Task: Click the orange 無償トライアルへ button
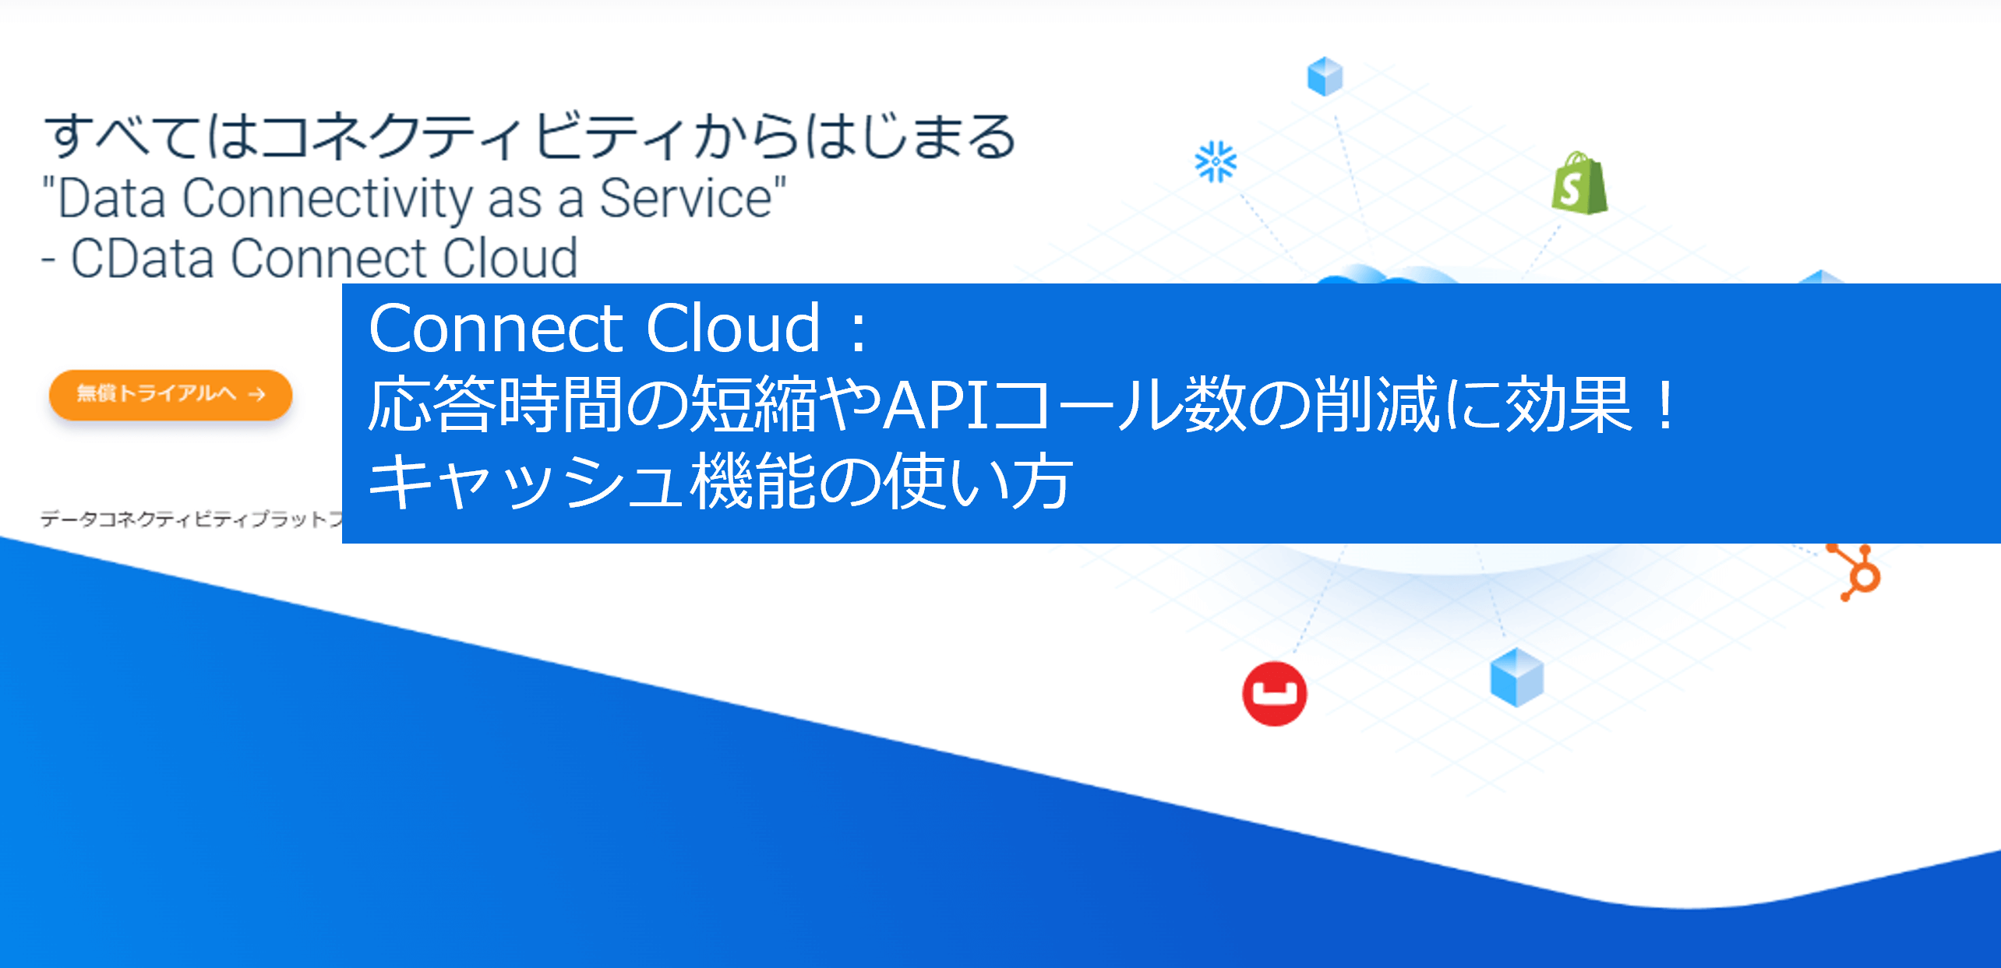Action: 170,394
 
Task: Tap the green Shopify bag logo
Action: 1579,184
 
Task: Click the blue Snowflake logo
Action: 1216,162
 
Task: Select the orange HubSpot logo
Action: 1859,573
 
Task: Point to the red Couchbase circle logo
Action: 1275,693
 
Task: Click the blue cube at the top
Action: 1325,76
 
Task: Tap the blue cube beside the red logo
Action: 1516,676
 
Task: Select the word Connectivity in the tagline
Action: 327,199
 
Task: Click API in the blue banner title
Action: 935,405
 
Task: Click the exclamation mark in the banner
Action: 1666,405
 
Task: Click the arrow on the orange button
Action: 257,395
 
